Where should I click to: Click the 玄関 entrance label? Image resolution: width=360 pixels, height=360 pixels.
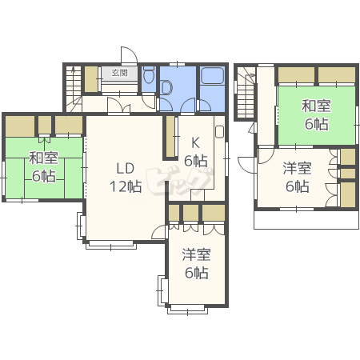tap(119, 73)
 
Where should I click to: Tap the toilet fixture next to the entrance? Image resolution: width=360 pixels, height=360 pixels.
tap(149, 74)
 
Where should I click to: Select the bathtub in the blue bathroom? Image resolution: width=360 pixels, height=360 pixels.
tap(212, 75)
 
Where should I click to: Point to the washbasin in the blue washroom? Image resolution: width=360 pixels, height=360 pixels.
tap(166, 88)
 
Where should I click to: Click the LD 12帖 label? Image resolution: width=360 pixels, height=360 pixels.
tap(126, 178)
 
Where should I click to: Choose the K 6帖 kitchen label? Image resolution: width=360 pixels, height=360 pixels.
tap(196, 152)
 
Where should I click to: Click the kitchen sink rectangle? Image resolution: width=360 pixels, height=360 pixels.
tap(219, 131)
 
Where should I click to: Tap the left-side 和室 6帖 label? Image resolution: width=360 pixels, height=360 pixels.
tap(43, 166)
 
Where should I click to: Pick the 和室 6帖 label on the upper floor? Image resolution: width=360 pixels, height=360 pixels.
tap(316, 115)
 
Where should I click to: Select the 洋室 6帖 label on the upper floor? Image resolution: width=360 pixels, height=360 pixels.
tap(298, 178)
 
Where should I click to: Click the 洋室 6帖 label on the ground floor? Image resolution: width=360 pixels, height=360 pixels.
tap(197, 264)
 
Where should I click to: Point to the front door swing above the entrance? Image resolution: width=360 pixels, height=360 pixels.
tap(129, 55)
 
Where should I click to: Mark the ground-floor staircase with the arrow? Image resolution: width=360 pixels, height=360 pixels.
tap(74, 89)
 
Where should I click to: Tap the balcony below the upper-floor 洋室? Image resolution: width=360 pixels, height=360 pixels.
tap(306, 220)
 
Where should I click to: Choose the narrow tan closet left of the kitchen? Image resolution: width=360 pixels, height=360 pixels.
tap(170, 137)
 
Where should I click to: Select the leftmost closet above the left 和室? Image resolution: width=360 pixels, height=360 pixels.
tap(20, 126)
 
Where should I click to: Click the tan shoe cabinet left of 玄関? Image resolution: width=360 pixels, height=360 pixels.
tap(91, 79)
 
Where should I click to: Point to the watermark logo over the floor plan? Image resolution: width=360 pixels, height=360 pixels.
tap(179, 182)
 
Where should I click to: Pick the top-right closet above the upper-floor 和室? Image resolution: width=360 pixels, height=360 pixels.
tap(337, 75)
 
